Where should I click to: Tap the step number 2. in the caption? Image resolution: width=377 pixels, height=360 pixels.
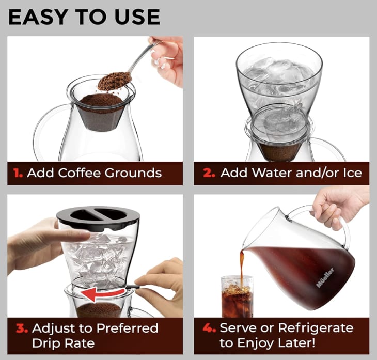[209, 173]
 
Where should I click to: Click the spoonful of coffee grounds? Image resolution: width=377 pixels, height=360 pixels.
[114, 81]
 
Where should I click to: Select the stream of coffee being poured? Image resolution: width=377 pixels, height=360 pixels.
[241, 263]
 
